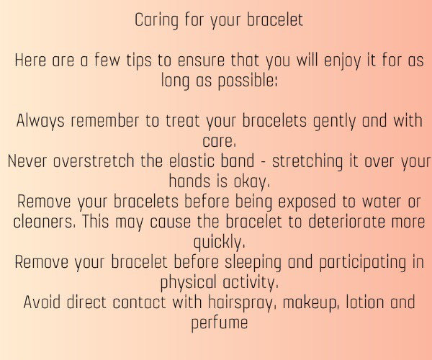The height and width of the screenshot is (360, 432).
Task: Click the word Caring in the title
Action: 156,21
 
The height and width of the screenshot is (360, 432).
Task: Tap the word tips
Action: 139,60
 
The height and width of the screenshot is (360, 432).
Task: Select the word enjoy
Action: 342,60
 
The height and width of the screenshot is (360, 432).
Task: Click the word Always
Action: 40,122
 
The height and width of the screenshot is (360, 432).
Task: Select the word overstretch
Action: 94,161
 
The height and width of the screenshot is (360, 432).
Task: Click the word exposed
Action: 307,202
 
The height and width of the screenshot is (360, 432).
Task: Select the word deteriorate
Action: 346,222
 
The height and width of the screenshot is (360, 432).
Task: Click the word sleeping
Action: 253,263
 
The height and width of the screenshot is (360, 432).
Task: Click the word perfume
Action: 220,323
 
